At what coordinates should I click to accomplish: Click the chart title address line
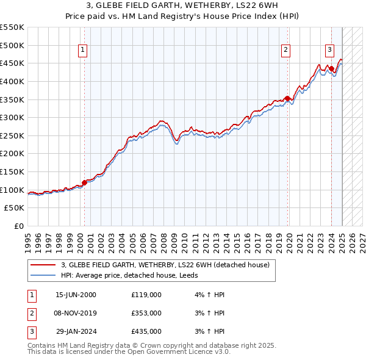(182, 6)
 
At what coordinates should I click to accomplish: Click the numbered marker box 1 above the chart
(82, 51)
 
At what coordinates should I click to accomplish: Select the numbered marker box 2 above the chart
(285, 51)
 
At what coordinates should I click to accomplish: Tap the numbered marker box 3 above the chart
(329, 51)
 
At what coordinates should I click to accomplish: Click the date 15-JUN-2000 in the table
(76, 295)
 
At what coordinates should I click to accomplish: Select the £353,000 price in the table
(146, 313)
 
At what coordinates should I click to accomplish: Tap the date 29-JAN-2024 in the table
(76, 331)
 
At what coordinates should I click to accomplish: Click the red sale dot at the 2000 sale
(85, 183)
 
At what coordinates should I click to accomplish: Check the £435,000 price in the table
(146, 331)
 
